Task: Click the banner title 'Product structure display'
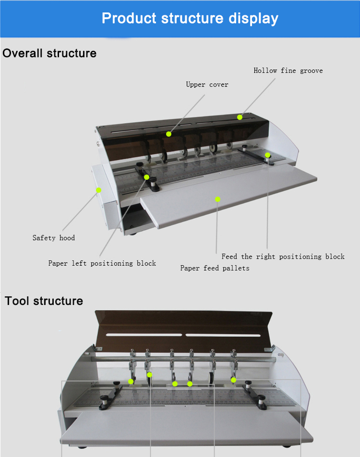(190, 19)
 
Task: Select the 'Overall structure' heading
(49, 53)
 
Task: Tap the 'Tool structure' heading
(44, 301)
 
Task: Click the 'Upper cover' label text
(207, 85)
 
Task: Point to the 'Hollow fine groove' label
(288, 71)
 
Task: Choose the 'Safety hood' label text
(54, 238)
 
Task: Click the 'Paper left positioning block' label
(102, 263)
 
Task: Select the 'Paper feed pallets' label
(215, 268)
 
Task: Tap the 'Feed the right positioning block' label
(283, 257)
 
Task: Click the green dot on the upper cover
(169, 134)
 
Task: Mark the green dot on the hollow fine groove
(240, 117)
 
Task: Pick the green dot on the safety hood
(98, 190)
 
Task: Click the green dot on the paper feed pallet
(217, 199)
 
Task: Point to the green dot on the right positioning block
(268, 155)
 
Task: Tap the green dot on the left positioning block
(147, 177)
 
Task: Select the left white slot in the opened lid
(144, 334)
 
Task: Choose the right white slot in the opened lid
(223, 334)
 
